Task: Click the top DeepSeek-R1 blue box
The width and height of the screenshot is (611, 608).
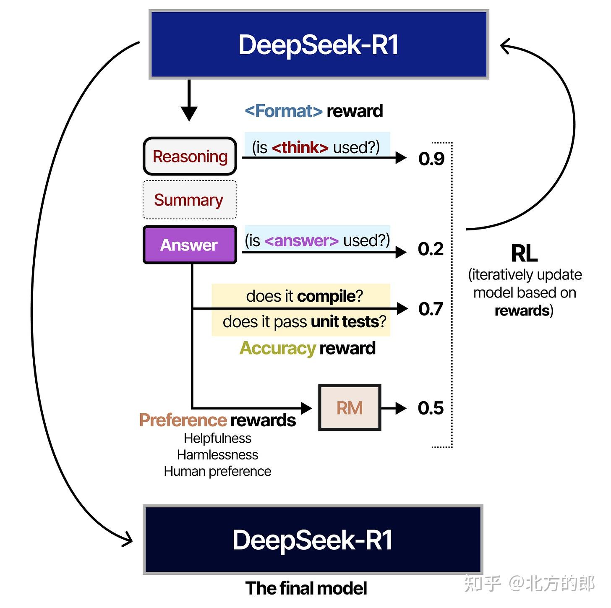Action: [x=319, y=44]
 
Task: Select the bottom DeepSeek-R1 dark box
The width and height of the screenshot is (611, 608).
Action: [x=313, y=540]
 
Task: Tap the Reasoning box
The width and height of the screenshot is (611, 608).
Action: [x=190, y=157]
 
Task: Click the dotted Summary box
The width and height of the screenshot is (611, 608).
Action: [x=190, y=200]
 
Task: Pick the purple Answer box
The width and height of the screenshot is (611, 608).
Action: [x=190, y=245]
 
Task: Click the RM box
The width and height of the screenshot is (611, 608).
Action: [x=350, y=408]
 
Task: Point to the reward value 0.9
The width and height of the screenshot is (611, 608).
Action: [x=431, y=159]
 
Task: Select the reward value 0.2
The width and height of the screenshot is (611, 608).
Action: [x=431, y=249]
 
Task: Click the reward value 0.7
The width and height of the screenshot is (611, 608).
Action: [x=431, y=309]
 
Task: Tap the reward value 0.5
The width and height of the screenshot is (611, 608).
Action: [x=431, y=408]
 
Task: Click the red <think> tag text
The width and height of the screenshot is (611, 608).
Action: [x=300, y=148]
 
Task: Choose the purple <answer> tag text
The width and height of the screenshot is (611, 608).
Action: [x=302, y=241]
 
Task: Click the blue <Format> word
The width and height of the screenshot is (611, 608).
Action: [x=284, y=111]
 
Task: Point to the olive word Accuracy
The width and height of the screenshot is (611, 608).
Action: [x=277, y=348]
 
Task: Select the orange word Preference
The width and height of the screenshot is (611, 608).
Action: [x=183, y=420]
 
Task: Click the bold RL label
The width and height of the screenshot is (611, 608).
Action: [x=524, y=253]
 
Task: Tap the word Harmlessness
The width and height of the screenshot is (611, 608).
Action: [x=217, y=455]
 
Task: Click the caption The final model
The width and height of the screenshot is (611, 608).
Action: [x=306, y=588]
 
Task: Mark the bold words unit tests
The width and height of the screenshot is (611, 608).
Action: [x=345, y=322]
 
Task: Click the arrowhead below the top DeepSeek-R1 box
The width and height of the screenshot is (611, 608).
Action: [x=189, y=113]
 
